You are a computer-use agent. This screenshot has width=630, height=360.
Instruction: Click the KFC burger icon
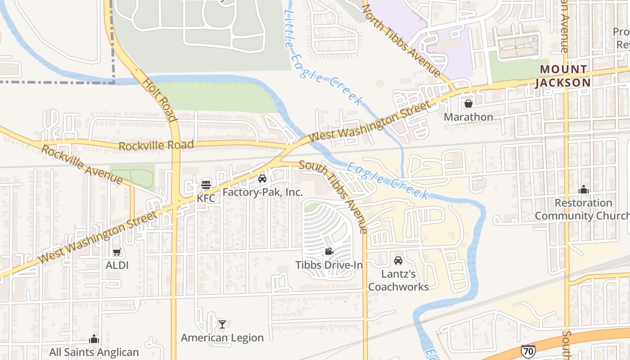(x=206, y=184)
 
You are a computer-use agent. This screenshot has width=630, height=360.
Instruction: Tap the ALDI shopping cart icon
(x=117, y=252)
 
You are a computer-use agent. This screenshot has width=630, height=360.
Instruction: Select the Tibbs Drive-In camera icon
(x=329, y=252)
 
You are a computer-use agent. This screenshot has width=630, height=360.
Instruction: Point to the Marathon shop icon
(x=468, y=104)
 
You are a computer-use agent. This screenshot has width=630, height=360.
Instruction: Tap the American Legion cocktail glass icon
(x=222, y=324)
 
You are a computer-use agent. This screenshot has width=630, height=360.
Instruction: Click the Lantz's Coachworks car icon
(x=398, y=260)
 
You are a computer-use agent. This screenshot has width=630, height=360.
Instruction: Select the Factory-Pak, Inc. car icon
(x=262, y=179)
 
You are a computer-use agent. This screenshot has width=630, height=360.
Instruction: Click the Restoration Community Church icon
(x=584, y=189)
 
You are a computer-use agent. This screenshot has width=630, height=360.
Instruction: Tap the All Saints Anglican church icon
(x=94, y=339)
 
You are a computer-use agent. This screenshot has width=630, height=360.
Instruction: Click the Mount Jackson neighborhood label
(x=563, y=76)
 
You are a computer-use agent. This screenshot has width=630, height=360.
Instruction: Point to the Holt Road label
(x=159, y=100)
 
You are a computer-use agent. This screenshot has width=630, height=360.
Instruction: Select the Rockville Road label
(x=156, y=145)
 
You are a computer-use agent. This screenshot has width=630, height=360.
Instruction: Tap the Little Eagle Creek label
(x=322, y=58)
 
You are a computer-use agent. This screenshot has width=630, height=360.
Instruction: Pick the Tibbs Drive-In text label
(x=329, y=265)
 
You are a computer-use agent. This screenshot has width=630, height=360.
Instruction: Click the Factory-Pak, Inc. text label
(x=262, y=193)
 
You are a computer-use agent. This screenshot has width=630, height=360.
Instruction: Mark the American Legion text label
(x=222, y=337)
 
